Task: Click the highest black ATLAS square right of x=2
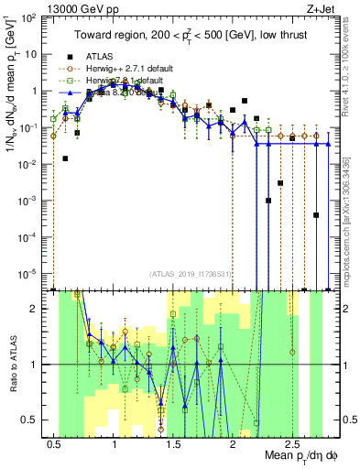click(245, 100)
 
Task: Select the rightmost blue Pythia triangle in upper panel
click(328, 144)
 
